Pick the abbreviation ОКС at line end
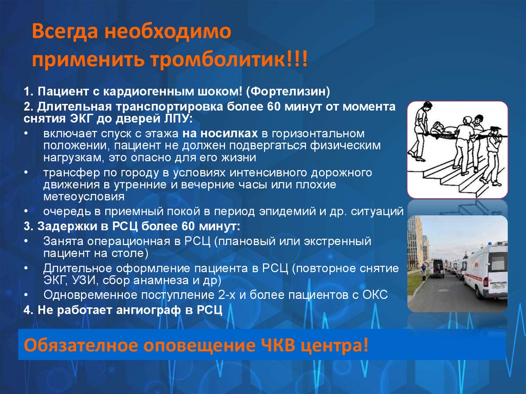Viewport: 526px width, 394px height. (x=377, y=295)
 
